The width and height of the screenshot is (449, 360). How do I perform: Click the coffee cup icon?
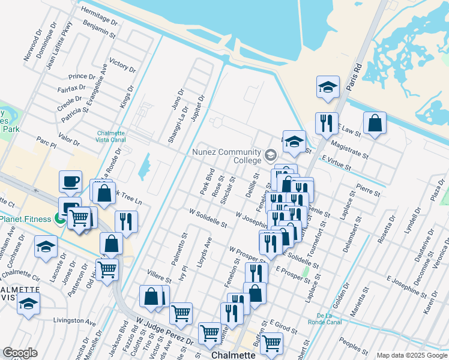[70, 182]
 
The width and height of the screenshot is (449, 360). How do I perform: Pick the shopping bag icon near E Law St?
[375, 124]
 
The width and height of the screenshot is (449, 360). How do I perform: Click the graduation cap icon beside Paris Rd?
[328, 86]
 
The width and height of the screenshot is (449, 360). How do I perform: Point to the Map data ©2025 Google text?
[412, 355]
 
